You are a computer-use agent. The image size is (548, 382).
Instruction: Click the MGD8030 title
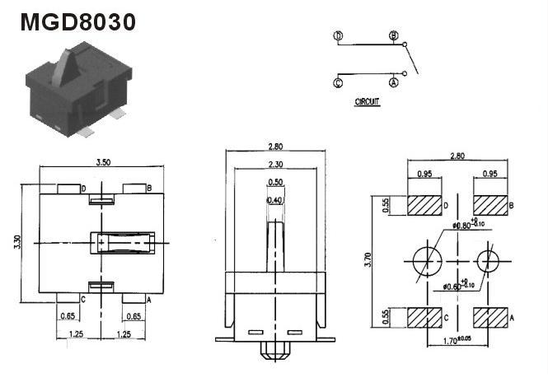pos(78,22)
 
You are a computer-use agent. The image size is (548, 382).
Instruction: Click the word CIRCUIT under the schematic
pos(367,101)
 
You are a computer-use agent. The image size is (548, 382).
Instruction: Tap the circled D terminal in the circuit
pos(338,35)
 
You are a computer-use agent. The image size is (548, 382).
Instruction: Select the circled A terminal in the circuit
pos(394,83)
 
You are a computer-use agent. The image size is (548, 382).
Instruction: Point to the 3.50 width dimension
pos(104,162)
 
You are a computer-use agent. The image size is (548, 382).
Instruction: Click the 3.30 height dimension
pos(17,242)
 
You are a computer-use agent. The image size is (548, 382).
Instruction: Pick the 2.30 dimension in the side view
pos(275,164)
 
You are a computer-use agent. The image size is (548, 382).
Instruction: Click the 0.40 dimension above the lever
pos(275,200)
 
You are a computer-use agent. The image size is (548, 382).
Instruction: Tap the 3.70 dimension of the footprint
pos(368,259)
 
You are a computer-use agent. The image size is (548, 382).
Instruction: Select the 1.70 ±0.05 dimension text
pos(457,340)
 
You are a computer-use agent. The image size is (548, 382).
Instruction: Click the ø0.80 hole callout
pos(468,224)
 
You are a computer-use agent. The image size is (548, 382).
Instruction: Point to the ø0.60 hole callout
pos(458,286)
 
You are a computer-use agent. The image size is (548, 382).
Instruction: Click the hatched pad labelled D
pos(424,205)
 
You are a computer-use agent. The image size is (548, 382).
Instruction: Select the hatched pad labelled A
pos(490,318)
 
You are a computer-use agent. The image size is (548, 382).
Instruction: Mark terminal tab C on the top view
pos(68,298)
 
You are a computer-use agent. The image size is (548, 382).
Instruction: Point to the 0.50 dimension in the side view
pos(275,182)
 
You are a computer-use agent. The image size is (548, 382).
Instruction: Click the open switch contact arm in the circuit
pos(411,59)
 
